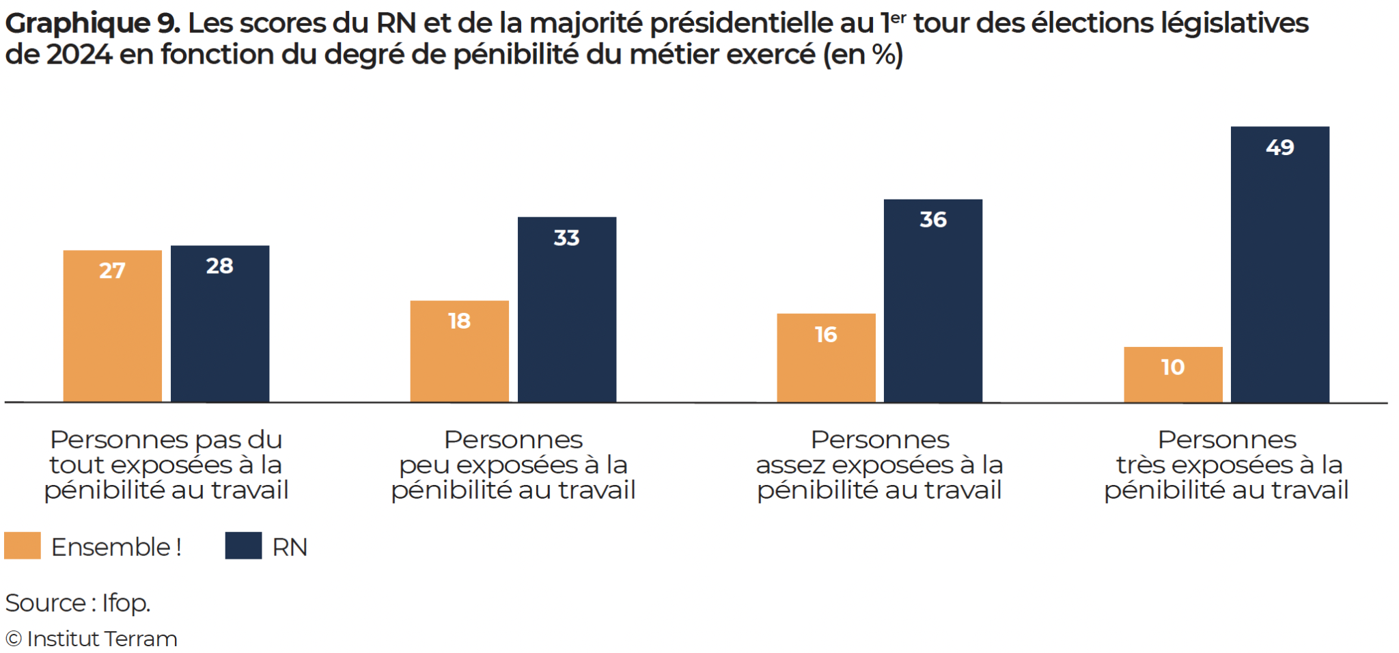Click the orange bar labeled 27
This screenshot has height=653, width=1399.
(113, 326)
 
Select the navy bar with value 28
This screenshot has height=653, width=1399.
(219, 323)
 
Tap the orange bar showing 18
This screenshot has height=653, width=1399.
(459, 351)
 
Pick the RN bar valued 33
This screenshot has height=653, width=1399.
(566, 309)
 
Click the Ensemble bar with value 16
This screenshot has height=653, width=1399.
(825, 358)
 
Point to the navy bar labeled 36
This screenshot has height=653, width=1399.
(932, 301)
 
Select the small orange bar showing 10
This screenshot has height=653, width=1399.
(1172, 374)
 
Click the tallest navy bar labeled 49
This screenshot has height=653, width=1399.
(1279, 264)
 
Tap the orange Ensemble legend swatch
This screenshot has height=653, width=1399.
(23, 546)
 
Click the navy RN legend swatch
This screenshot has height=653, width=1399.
(243, 546)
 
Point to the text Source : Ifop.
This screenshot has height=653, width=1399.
(78, 602)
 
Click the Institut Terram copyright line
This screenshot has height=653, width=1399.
(92, 639)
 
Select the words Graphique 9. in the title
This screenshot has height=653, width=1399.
(92, 23)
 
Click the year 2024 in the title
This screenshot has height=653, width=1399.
(79, 55)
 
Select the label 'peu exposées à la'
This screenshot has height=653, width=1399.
(513, 465)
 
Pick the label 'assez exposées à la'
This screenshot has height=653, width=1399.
(879, 465)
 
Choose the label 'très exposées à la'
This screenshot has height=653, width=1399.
(1229, 465)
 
